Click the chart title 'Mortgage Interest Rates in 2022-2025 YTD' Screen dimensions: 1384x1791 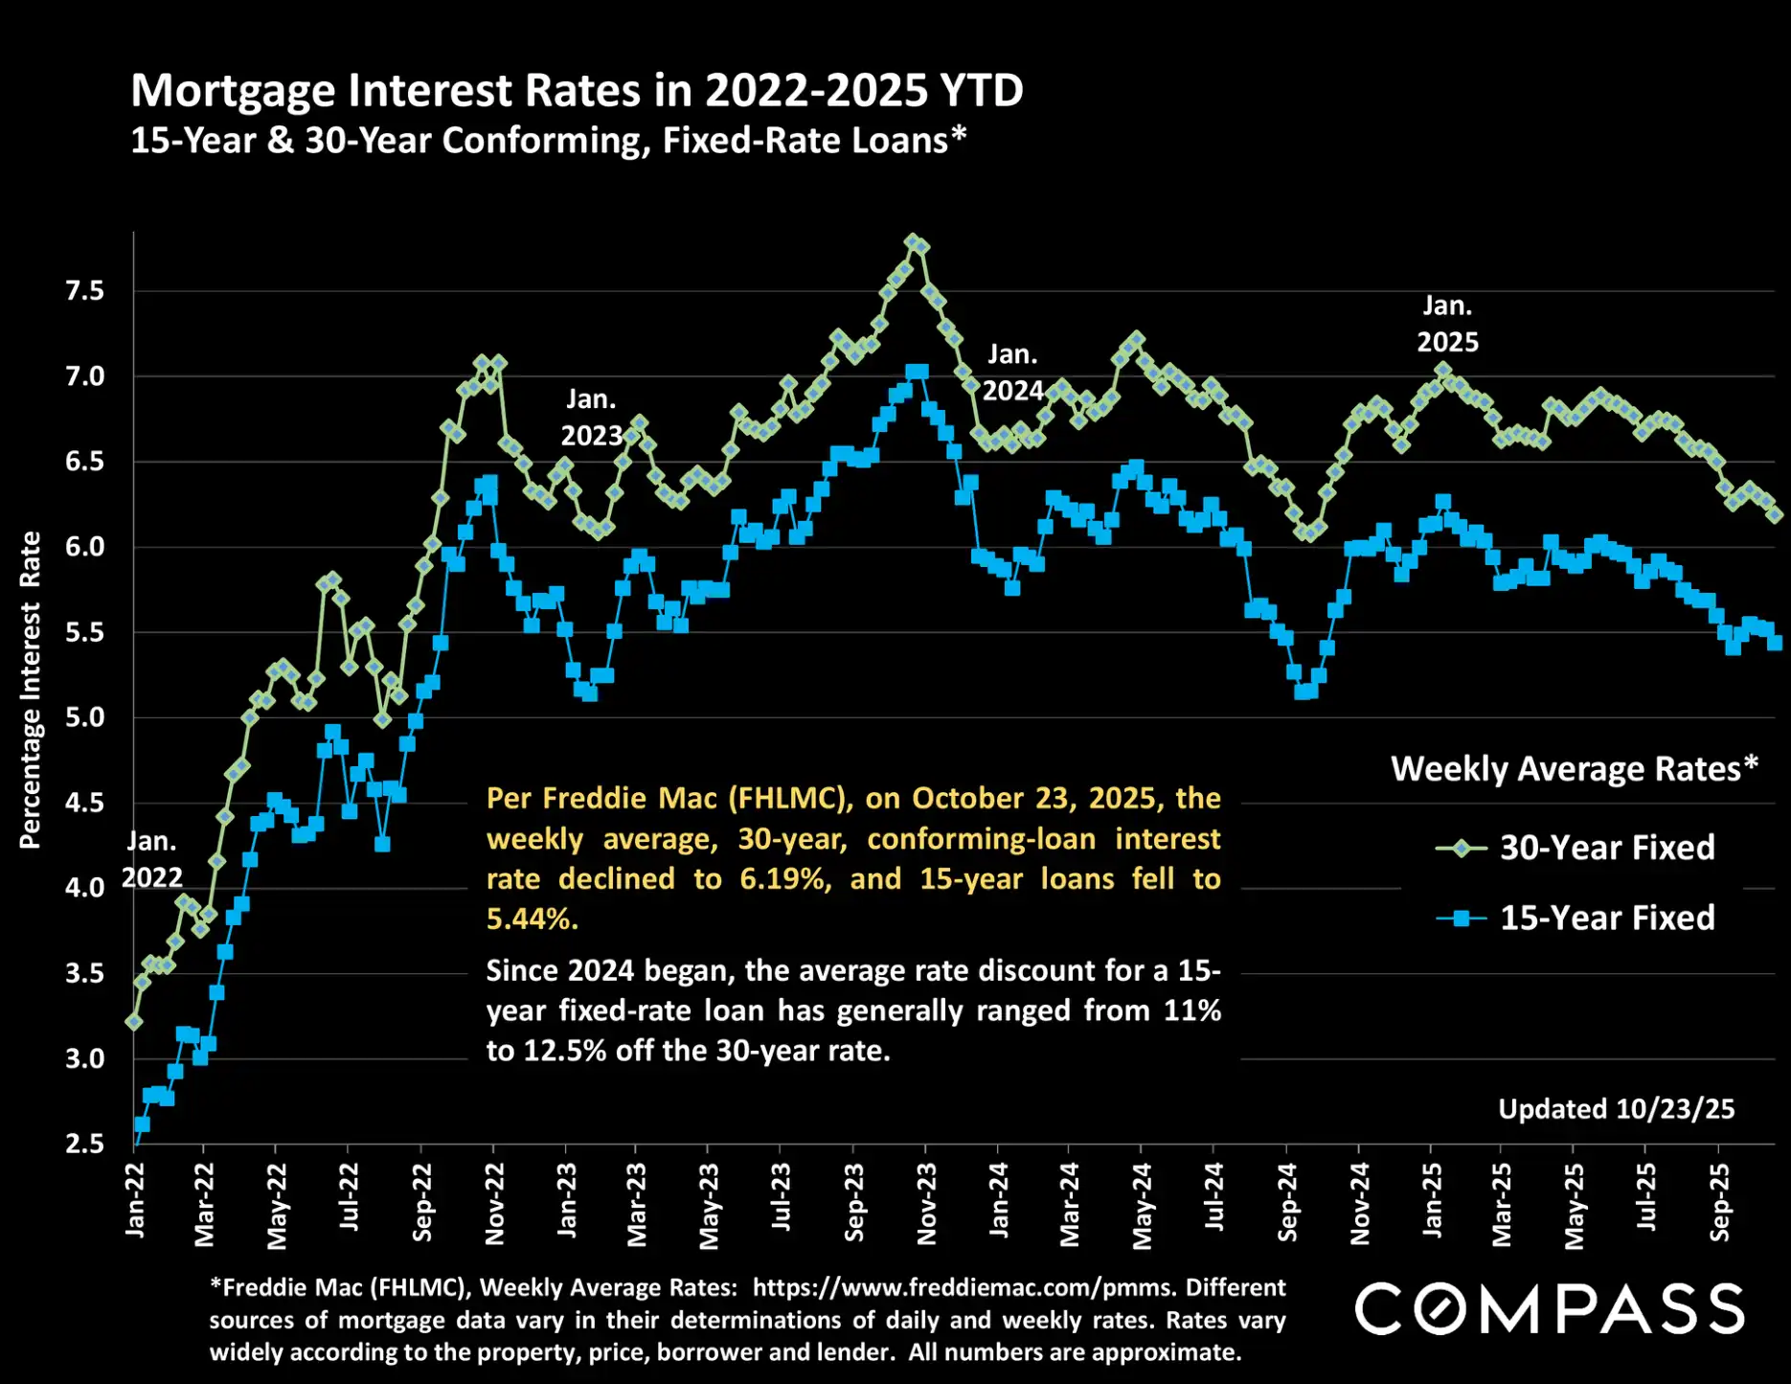tap(577, 91)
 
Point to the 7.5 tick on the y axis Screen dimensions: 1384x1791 tap(84, 291)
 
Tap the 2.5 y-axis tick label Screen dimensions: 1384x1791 tap(84, 1144)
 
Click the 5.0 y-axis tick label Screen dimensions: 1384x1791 tap(84, 717)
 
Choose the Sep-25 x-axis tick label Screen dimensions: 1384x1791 tap(1720, 1203)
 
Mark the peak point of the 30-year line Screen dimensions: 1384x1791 tap(913, 241)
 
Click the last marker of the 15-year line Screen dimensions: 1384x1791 tap(1775, 643)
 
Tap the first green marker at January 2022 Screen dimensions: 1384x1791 tap(134, 1022)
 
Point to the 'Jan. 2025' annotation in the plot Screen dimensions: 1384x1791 tap(1447, 324)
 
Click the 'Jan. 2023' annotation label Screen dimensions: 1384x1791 tap(591, 418)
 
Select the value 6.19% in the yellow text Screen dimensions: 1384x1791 tap(784, 879)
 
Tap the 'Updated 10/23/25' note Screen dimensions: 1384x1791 tap(1616, 1109)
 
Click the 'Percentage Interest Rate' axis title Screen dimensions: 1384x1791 tap(31, 690)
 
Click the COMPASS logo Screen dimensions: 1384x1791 tap(1549, 1309)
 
